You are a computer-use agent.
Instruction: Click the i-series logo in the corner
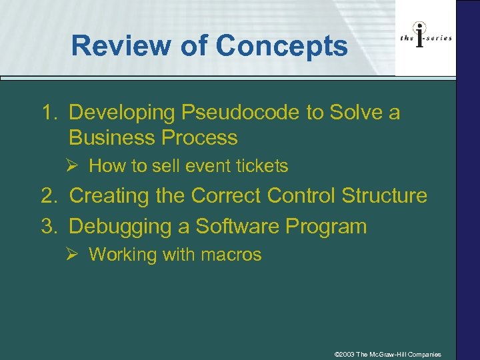(426, 38)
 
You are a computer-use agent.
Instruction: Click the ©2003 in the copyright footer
(344, 354)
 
